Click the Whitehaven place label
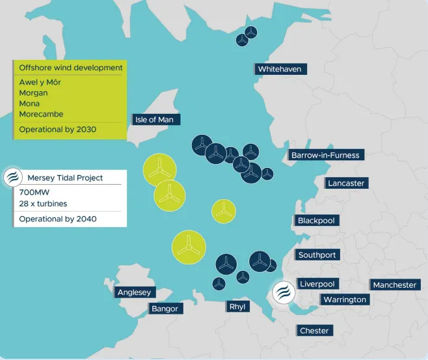click(280, 69)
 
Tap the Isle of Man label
click(156, 119)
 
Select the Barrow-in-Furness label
click(325, 155)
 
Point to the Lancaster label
click(347, 183)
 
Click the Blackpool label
click(316, 221)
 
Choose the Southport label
click(317, 255)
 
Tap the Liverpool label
click(317, 284)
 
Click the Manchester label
click(395, 284)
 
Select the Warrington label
click(344, 299)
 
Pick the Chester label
click(314, 331)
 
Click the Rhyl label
click(237, 307)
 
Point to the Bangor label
click(165, 308)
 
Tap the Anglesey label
click(135, 292)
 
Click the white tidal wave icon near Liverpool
click(283, 292)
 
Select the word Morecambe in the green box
click(41, 114)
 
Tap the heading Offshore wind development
click(70, 68)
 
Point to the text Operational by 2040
click(57, 219)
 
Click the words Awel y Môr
click(40, 82)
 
